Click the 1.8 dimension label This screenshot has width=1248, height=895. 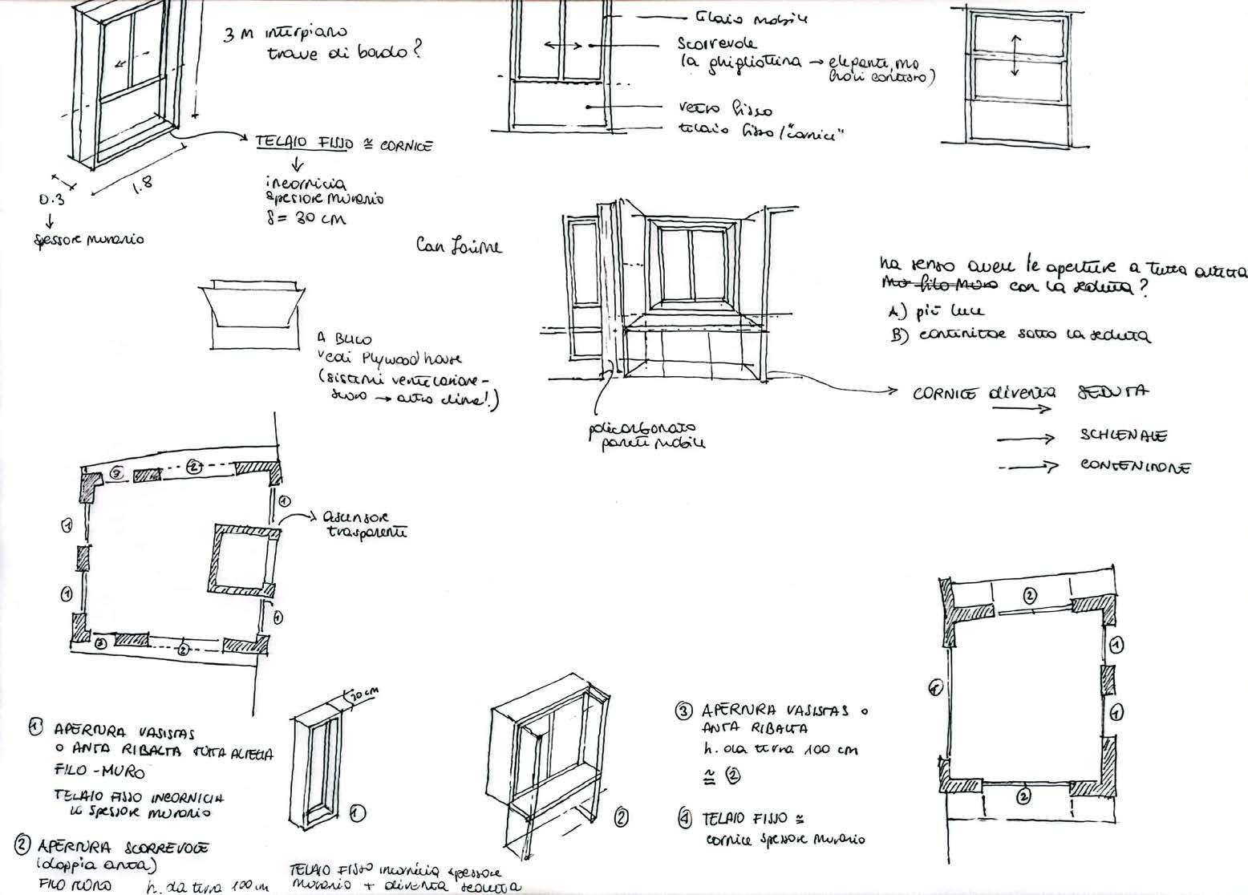click(x=140, y=184)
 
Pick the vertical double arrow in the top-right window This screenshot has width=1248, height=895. click(x=1015, y=55)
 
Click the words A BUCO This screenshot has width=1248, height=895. click(x=344, y=338)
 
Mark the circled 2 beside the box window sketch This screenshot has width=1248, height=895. click(x=622, y=818)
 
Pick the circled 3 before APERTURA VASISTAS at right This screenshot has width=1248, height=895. click(x=684, y=711)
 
